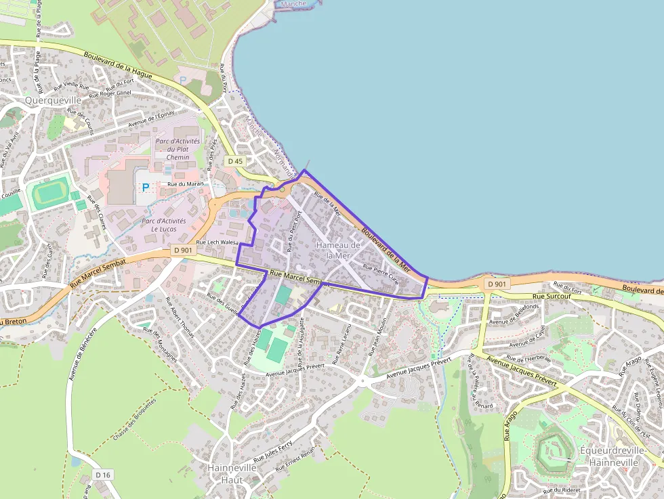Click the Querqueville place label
(52, 100)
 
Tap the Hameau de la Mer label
(338, 250)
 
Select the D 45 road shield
(235, 161)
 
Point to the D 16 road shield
(102, 475)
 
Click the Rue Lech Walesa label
(217, 242)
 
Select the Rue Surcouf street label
(548, 297)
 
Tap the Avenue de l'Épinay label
(152, 118)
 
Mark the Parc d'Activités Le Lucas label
(163, 225)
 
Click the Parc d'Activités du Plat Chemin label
(178, 149)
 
